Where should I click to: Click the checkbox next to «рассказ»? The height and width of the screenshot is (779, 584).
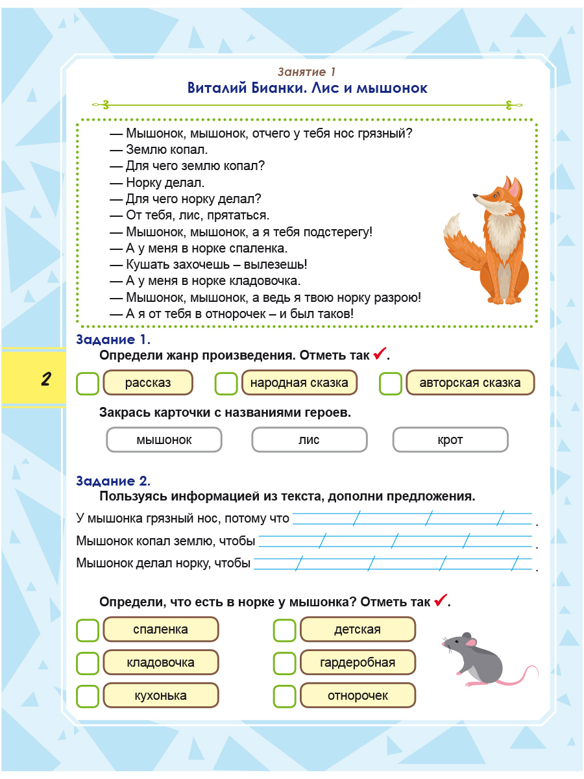pyautogui.click(x=88, y=383)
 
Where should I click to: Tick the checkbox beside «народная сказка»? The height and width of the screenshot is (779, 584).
pyautogui.click(x=226, y=383)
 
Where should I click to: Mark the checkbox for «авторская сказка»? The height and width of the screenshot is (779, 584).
pyautogui.click(x=391, y=383)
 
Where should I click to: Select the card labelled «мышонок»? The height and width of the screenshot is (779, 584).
pyautogui.click(x=164, y=440)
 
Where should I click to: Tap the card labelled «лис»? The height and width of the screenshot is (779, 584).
pyautogui.click(x=309, y=440)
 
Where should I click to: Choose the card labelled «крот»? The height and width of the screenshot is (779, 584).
pyautogui.click(x=450, y=440)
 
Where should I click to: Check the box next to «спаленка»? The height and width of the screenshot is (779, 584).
pyautogui.click(x=88, y=630)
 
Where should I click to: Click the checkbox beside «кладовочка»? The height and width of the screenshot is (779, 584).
pyautogui.click(x=88, y=663)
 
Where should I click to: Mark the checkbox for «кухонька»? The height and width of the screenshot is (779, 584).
pyautogui.click(x=88, y=696)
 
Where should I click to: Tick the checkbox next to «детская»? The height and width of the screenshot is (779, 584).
pyautogui.click(x=284, y=630)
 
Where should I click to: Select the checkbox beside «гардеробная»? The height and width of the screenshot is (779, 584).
pyautogui.click(x=284, y=663)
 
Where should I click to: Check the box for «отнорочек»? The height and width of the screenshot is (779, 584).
pyautogui.click(x=284, y=696)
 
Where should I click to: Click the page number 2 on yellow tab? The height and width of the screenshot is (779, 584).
pyautogui.click(x=45, y=379)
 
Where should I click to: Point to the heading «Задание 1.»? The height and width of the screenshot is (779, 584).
pyautogui.click(x=113, y=340)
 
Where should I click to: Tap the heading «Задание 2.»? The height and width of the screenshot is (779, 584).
pyautogui.click(x=113, y=481)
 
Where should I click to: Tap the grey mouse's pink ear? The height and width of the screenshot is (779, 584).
pyautogui.click(x=471, y=643)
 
